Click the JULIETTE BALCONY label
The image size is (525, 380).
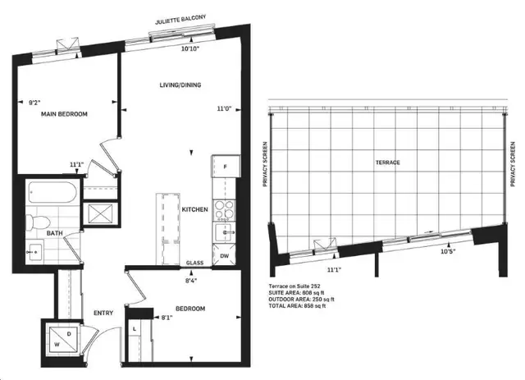pyautogui.click(x=180, y=20)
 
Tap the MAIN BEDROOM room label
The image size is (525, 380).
pyautogui.click(x=64, y=114)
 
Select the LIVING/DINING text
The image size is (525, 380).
pyautogui.click(x=180, y=85)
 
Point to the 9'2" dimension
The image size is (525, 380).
pyautogui.click(x=34, y=103)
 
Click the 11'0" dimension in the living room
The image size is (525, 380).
pyautogui.click(x=224, y=108)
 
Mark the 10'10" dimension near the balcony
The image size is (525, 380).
pyautogui.click(x=190, y=48)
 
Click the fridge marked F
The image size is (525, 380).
pyautogui.click(x=226, y=166)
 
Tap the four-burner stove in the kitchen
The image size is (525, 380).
pyautogui.click(x=224, y=210)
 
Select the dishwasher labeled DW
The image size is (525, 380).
pyautogui.click(x=224, y=256)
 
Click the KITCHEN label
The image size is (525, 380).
pyautogui.click(x=195, y=209)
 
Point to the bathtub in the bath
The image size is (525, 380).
pyautogui.click(x=52, y=192)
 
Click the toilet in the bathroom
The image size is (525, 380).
pyautogui.click(x=38, y=222)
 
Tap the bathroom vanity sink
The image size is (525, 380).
pyautogui.click(x=34, y=251)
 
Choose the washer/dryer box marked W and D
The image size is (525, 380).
pyautogui.click(x=64, y=341)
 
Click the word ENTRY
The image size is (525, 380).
pyautogui.click(x=103, y=313)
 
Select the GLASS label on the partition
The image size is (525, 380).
pyautogui.click(x=195, y=263)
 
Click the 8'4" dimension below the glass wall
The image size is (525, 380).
pyautogui.click(x=190, y=280)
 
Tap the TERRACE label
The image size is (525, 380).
pyautogui.click(x=388, y=163)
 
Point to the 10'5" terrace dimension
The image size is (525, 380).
pyautogui.click(x=449, y=252)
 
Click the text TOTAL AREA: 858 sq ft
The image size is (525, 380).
pyautogui.click(x=297, y=305)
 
